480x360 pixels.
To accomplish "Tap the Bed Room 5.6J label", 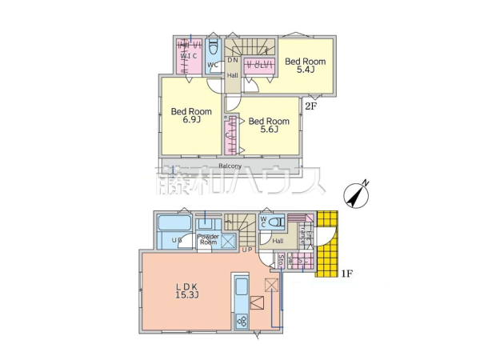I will tap(262, 126).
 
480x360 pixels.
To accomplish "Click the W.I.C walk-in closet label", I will tap(189, 56).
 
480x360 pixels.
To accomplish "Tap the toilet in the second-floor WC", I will tap(213, 48).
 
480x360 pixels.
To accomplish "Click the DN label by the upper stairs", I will tap(233, 60).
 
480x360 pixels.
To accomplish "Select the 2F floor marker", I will tap(310, 102).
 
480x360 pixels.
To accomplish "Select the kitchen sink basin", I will tap(242, 286).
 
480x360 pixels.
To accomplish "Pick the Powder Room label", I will tap(209, 239).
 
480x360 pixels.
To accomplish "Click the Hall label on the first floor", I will tap(277, 240).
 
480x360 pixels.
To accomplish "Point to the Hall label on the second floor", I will tap(232, 75).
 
